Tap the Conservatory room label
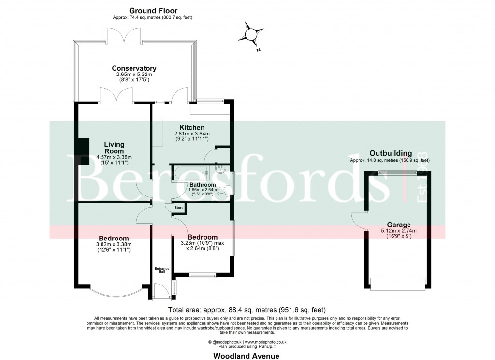tap(134, 68)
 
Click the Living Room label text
tap(114, 148)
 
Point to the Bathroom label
tap(202, 185)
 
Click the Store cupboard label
tap(179, 208)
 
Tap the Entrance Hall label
tap(160, 270)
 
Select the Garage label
tap(398, 225)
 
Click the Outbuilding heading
tap(391, 153)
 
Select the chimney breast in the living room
tap(83, 151)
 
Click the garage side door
tap(359, 220)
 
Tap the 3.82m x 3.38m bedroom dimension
tap(114, 244)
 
